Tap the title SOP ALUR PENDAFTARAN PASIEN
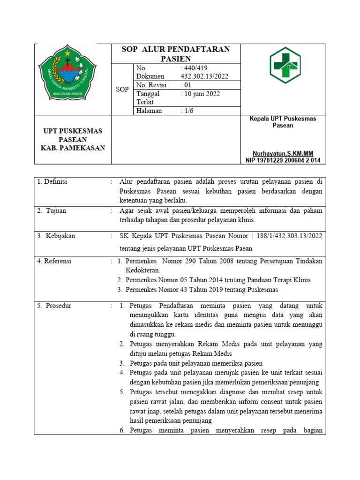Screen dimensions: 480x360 176,54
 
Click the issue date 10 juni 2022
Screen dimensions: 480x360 200,93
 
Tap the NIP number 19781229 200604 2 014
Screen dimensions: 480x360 283,160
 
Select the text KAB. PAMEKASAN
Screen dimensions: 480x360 73,148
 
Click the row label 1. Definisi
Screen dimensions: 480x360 52,182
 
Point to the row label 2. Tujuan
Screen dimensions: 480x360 52,211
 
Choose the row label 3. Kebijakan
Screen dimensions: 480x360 56,236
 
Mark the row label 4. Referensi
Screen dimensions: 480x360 54,261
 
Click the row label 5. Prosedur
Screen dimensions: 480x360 54,306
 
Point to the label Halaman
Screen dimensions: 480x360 149,111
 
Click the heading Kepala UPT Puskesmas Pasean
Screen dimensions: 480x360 283,122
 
